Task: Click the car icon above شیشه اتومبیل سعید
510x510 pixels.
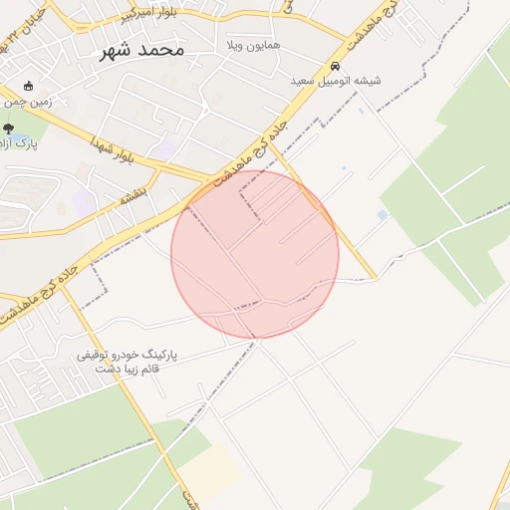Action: click(335, 66)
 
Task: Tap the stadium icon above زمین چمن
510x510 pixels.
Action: click(28, 86)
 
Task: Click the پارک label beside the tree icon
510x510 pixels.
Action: click(26, 144)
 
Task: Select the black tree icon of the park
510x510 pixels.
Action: click(9, 128)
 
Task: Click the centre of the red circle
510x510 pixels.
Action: click(255, 254)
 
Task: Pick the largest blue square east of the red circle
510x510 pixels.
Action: click(383, 215)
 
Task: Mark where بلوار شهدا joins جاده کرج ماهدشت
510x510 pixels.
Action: click(212, 180)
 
